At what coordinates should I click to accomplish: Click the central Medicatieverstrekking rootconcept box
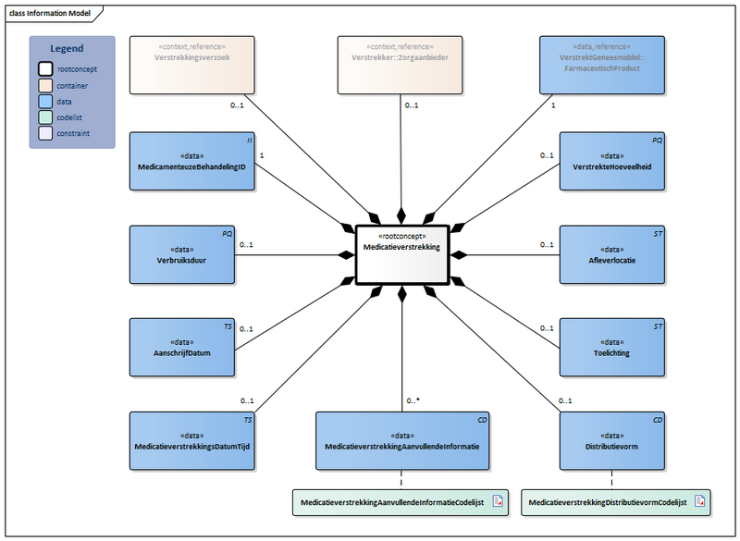tap(402, 253)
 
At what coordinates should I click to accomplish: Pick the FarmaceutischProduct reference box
tap(602, 65)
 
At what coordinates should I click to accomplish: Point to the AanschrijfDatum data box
tap(182, 347)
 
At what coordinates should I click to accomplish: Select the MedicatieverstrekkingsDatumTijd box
tap(192, 440)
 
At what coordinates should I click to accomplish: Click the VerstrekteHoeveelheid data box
tap(611, 161)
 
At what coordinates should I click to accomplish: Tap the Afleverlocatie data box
tap(611, 254)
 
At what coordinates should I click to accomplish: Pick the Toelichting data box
tap(611, 347)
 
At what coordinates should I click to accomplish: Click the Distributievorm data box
tap(611, 440)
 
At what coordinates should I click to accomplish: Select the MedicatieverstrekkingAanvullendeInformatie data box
tap(402, 440)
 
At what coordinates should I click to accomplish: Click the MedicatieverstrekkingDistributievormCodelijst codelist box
tap(616, 501)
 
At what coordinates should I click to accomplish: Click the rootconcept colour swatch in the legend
tap(45, 68)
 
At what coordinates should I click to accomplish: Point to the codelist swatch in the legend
tap(45, 117)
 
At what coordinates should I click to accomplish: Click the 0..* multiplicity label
tap(413, 400)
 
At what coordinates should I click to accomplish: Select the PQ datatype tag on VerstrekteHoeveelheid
tap(656, 140)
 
